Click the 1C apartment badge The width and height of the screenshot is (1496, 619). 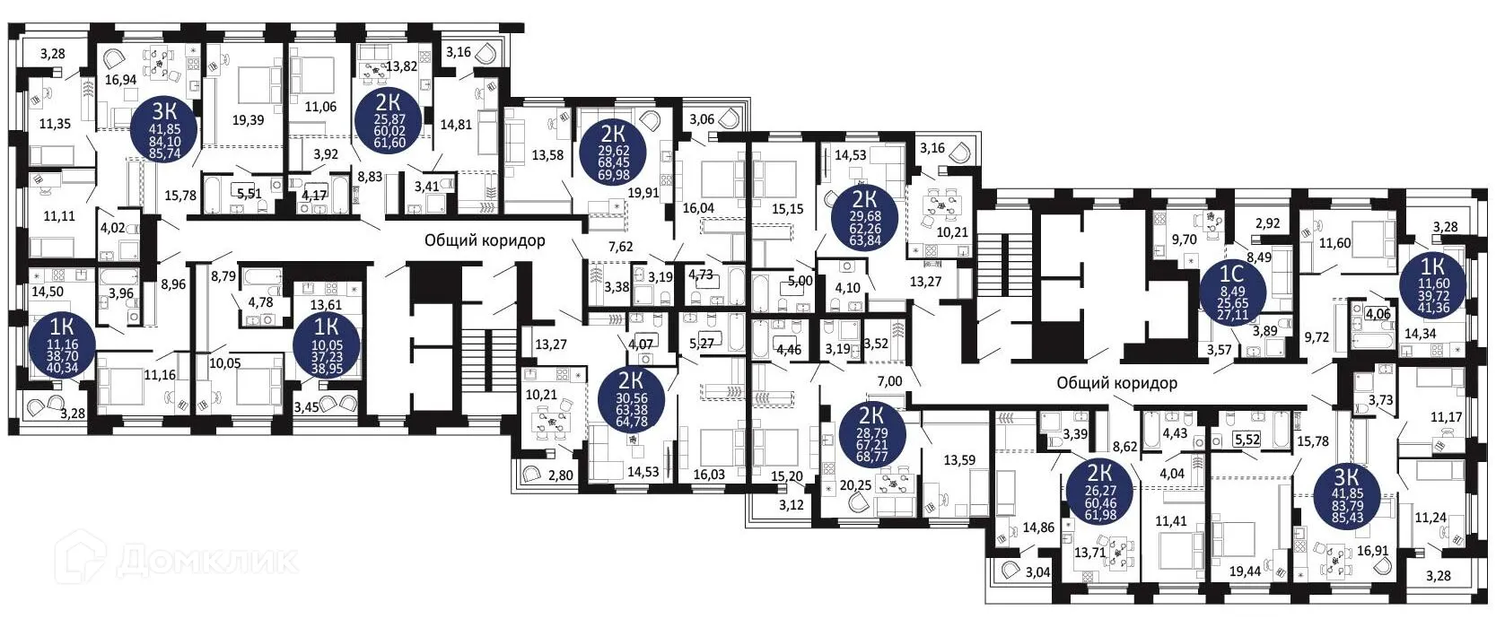coord(1232,290)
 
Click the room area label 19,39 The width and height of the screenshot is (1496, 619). coord(248,119)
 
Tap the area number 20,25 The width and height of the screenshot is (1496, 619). coord(856,485)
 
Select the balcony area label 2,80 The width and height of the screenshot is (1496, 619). coord(560,475)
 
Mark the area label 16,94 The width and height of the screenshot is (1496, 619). coord(120,80)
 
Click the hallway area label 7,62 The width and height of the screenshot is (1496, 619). coord(620,247)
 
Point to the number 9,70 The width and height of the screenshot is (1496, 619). coord(1185,240)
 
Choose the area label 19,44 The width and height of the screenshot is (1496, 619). coord(1244,571)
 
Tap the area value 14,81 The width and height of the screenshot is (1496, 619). coord(456,124)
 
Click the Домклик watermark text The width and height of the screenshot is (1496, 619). coord(206,562)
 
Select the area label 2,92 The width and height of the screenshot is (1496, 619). coord(1267,223)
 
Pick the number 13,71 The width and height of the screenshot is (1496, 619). coord(1089,553)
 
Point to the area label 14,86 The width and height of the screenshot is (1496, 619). coord(1038,527)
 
